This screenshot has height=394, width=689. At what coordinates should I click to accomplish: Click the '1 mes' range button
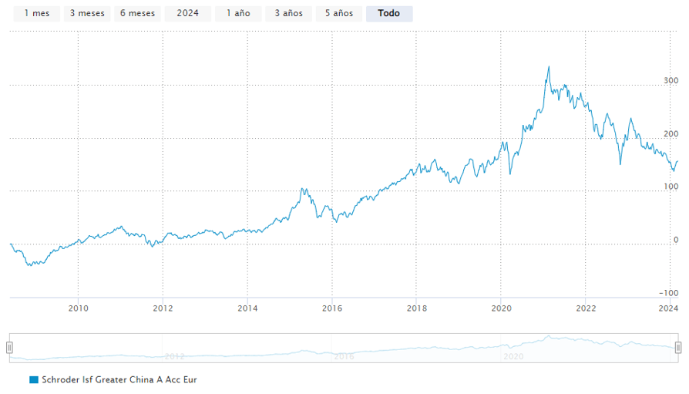(36, 13)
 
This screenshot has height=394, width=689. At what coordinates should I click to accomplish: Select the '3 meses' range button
(87, 13)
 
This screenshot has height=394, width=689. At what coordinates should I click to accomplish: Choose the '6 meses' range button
(137, 13)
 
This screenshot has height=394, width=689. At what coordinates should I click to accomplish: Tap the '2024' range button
(187, 13)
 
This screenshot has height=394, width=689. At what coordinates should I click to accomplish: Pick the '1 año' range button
(237, 13)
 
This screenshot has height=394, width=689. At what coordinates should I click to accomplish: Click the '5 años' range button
(339, 13)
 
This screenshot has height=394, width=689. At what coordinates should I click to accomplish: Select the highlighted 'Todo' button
(389, 13)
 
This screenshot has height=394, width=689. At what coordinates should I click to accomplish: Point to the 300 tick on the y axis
(671, 80)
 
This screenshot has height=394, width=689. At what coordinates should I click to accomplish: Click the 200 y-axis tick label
(671, 133)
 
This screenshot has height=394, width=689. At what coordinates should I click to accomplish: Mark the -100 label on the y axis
(668, 293)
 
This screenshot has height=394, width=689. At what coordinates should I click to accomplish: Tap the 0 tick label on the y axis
(675, 240)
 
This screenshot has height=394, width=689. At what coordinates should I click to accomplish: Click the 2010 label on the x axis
(78, 308)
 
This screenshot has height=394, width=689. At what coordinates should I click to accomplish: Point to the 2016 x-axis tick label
(331, 308)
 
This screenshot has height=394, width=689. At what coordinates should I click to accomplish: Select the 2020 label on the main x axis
(500, 308)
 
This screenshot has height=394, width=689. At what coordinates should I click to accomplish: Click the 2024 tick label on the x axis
(668, 308)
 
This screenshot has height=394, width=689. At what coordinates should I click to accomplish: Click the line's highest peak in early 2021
(549, 67)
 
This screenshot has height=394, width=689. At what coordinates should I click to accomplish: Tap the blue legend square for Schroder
(34, 380)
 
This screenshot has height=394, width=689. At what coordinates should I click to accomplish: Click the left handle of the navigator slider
(10, 348)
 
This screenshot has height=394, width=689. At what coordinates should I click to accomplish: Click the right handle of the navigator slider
(678, 348)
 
